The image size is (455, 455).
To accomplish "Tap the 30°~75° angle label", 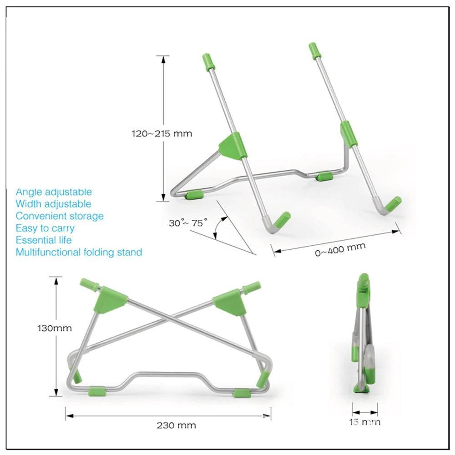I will tap(188, 223).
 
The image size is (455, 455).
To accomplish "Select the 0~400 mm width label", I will tap(340, 249).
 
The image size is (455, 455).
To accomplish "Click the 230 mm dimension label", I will tap(176, 425).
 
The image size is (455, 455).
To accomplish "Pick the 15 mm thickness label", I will tap(365, 422).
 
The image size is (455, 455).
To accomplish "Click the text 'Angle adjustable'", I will tap(54, 192).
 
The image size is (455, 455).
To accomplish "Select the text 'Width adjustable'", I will tap(53, 204).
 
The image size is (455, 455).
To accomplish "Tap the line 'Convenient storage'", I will tap(60, 216).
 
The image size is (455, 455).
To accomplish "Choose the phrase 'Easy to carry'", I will tap(45, 228).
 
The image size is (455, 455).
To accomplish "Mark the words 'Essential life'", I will tap(44, 240).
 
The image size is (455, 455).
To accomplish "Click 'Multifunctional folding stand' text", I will tap(79, 252).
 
